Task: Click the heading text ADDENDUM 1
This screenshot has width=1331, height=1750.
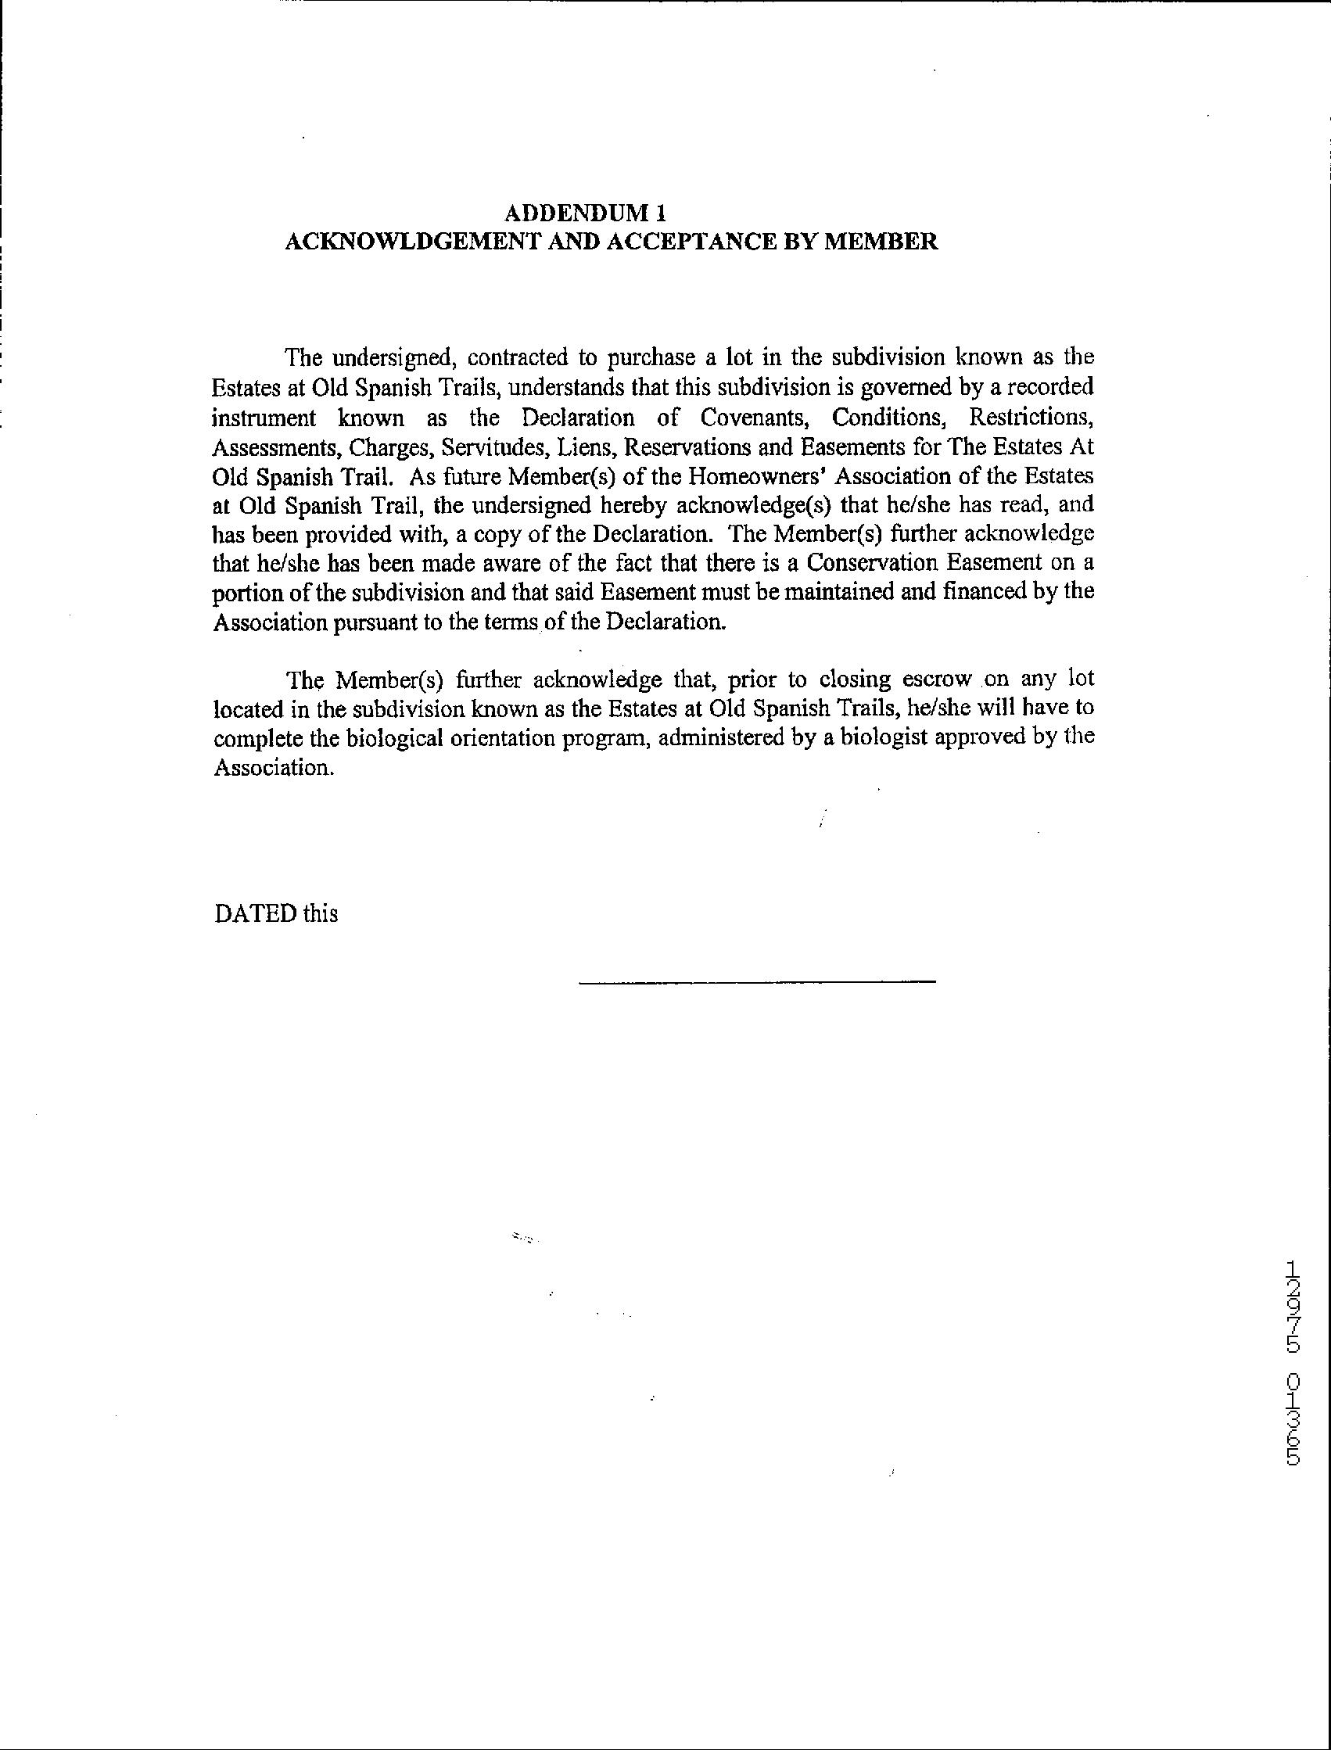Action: [586, 213]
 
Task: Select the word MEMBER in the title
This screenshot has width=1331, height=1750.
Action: [881, 242]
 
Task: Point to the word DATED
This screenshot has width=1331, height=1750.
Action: [254, 914]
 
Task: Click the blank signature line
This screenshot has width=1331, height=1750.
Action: [757, 981]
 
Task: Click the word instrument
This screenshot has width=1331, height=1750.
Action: [263, 418]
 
